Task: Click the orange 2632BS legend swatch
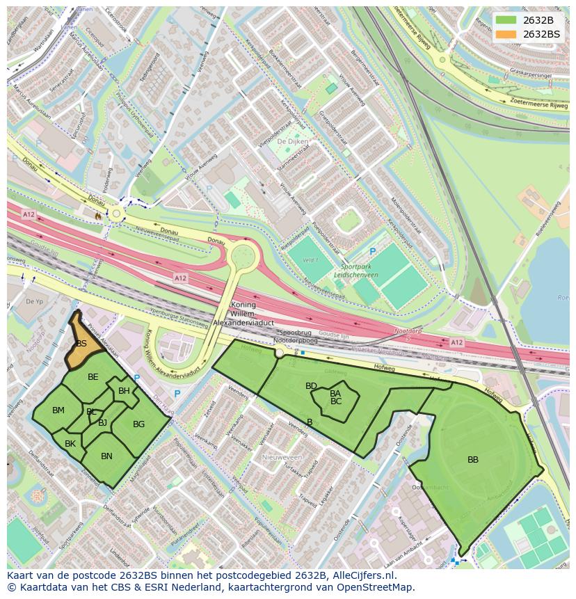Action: (x=506, y=34)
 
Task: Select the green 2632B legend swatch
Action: (x=506, y=19)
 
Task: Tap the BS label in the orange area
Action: (x=81, y=344)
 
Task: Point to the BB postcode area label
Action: (x=473, y=460)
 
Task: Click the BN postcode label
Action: (x=106, y=456)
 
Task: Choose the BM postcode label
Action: (x=58, y=410)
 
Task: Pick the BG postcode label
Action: (x=138, y=424)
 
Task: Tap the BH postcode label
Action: (x=124, y=391)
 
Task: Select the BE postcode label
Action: (x=93, y=377)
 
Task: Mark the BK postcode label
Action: (x=70, y=444)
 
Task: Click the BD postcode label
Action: (x=311, y=386)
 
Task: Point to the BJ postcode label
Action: (x=102, y=423)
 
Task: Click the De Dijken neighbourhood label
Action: (x=292, y=141)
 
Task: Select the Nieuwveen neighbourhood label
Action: (x=282, y=457)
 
